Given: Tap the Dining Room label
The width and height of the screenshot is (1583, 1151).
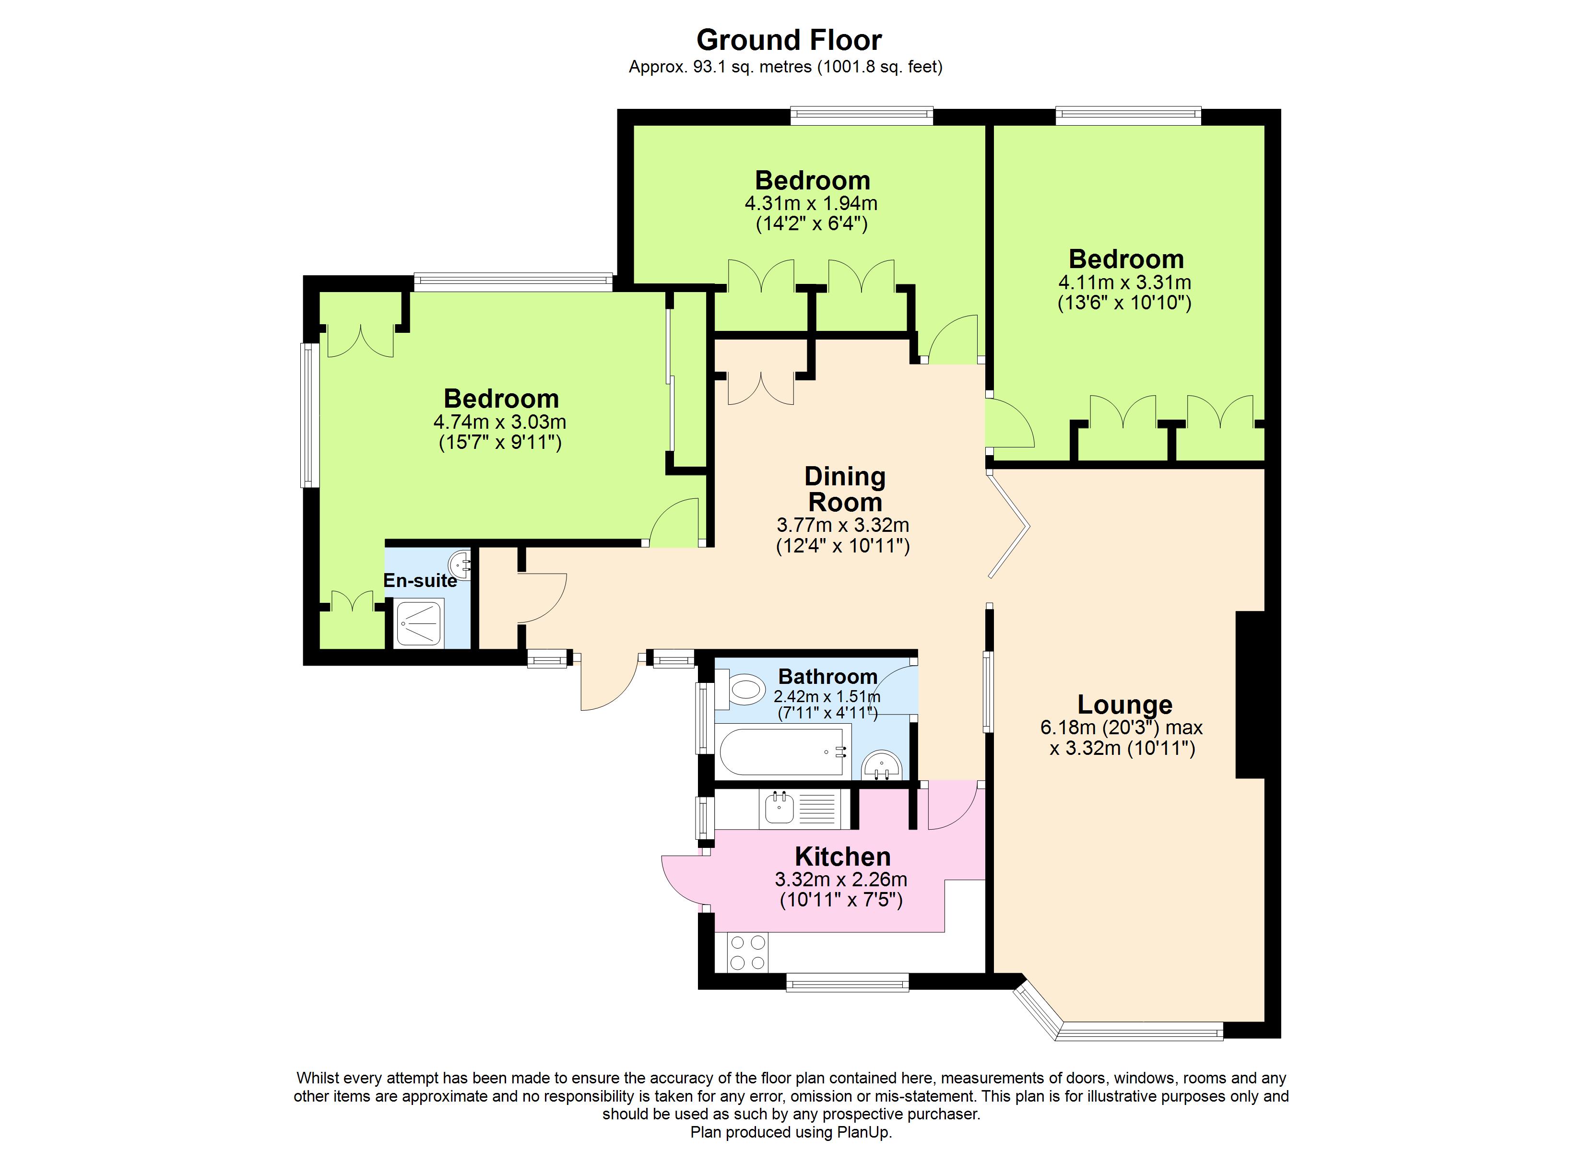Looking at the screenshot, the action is coord(845,489).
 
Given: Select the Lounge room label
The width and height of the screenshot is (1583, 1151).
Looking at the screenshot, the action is coord(1124,705).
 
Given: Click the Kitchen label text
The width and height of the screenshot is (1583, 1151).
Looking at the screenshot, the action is coord(842,857).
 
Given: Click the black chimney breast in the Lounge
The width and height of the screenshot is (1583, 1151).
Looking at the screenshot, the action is coord(1250,694).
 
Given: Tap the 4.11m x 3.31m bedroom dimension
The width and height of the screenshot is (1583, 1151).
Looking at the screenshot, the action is coord(1124,282).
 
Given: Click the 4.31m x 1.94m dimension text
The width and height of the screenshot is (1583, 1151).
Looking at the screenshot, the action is coord(811,204).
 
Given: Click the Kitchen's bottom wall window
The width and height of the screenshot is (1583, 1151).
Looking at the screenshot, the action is coord(847,983).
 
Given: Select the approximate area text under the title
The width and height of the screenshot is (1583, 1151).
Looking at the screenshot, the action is coord(785,67).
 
